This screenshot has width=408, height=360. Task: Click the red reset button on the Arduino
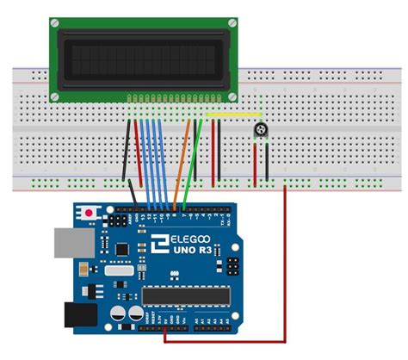click(x=89, y=211)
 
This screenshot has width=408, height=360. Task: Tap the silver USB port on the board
click(x=71, y=245)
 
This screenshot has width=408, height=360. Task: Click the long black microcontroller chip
click(x=187, y=295)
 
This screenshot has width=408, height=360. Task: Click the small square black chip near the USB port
click(x=123, y=248)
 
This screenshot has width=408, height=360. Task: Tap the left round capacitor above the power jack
click(x=116, y=307)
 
